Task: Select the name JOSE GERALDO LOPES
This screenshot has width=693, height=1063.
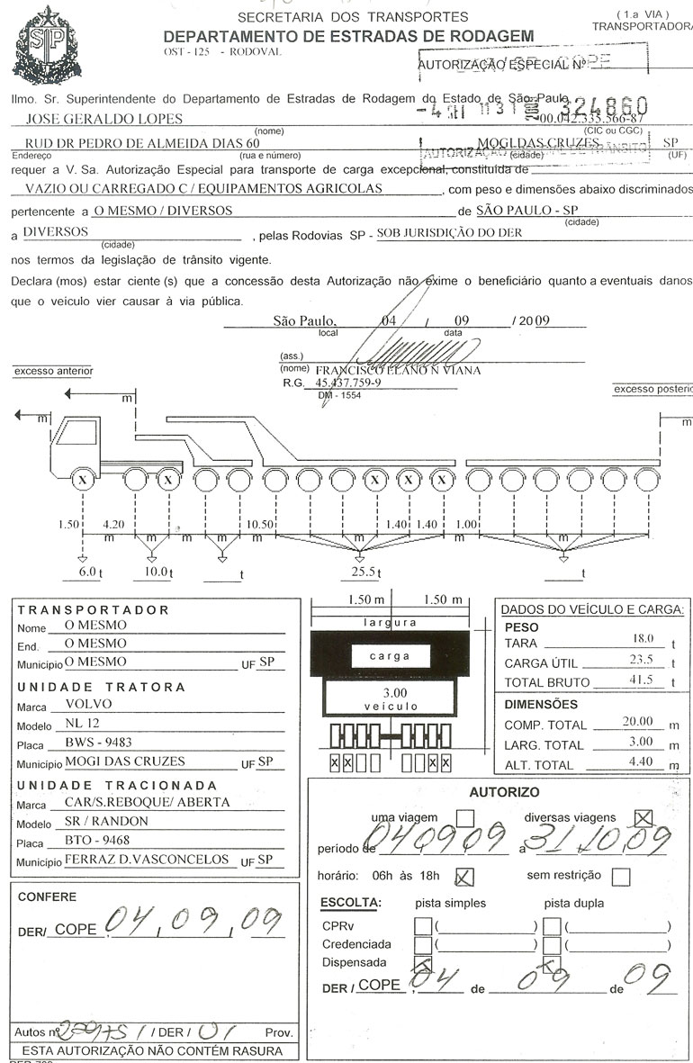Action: [105, 119]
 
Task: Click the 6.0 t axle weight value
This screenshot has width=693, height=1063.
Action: [86, 572]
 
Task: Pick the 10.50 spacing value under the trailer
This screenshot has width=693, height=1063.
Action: [260, 524]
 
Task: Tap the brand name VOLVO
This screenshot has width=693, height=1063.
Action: [89, 705]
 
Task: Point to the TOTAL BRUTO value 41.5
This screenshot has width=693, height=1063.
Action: [641, 680]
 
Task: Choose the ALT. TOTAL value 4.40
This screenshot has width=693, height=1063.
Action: [641, 764]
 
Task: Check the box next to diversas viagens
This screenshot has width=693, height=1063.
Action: [643, 818]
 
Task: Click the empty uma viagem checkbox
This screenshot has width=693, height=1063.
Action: [465, 819]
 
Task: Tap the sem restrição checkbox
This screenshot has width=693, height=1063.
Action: [620, 876]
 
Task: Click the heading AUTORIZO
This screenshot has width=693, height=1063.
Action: [504, 792]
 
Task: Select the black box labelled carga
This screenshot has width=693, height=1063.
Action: [390, 656]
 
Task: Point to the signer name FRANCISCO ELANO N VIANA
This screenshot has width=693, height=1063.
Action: [398, 370]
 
